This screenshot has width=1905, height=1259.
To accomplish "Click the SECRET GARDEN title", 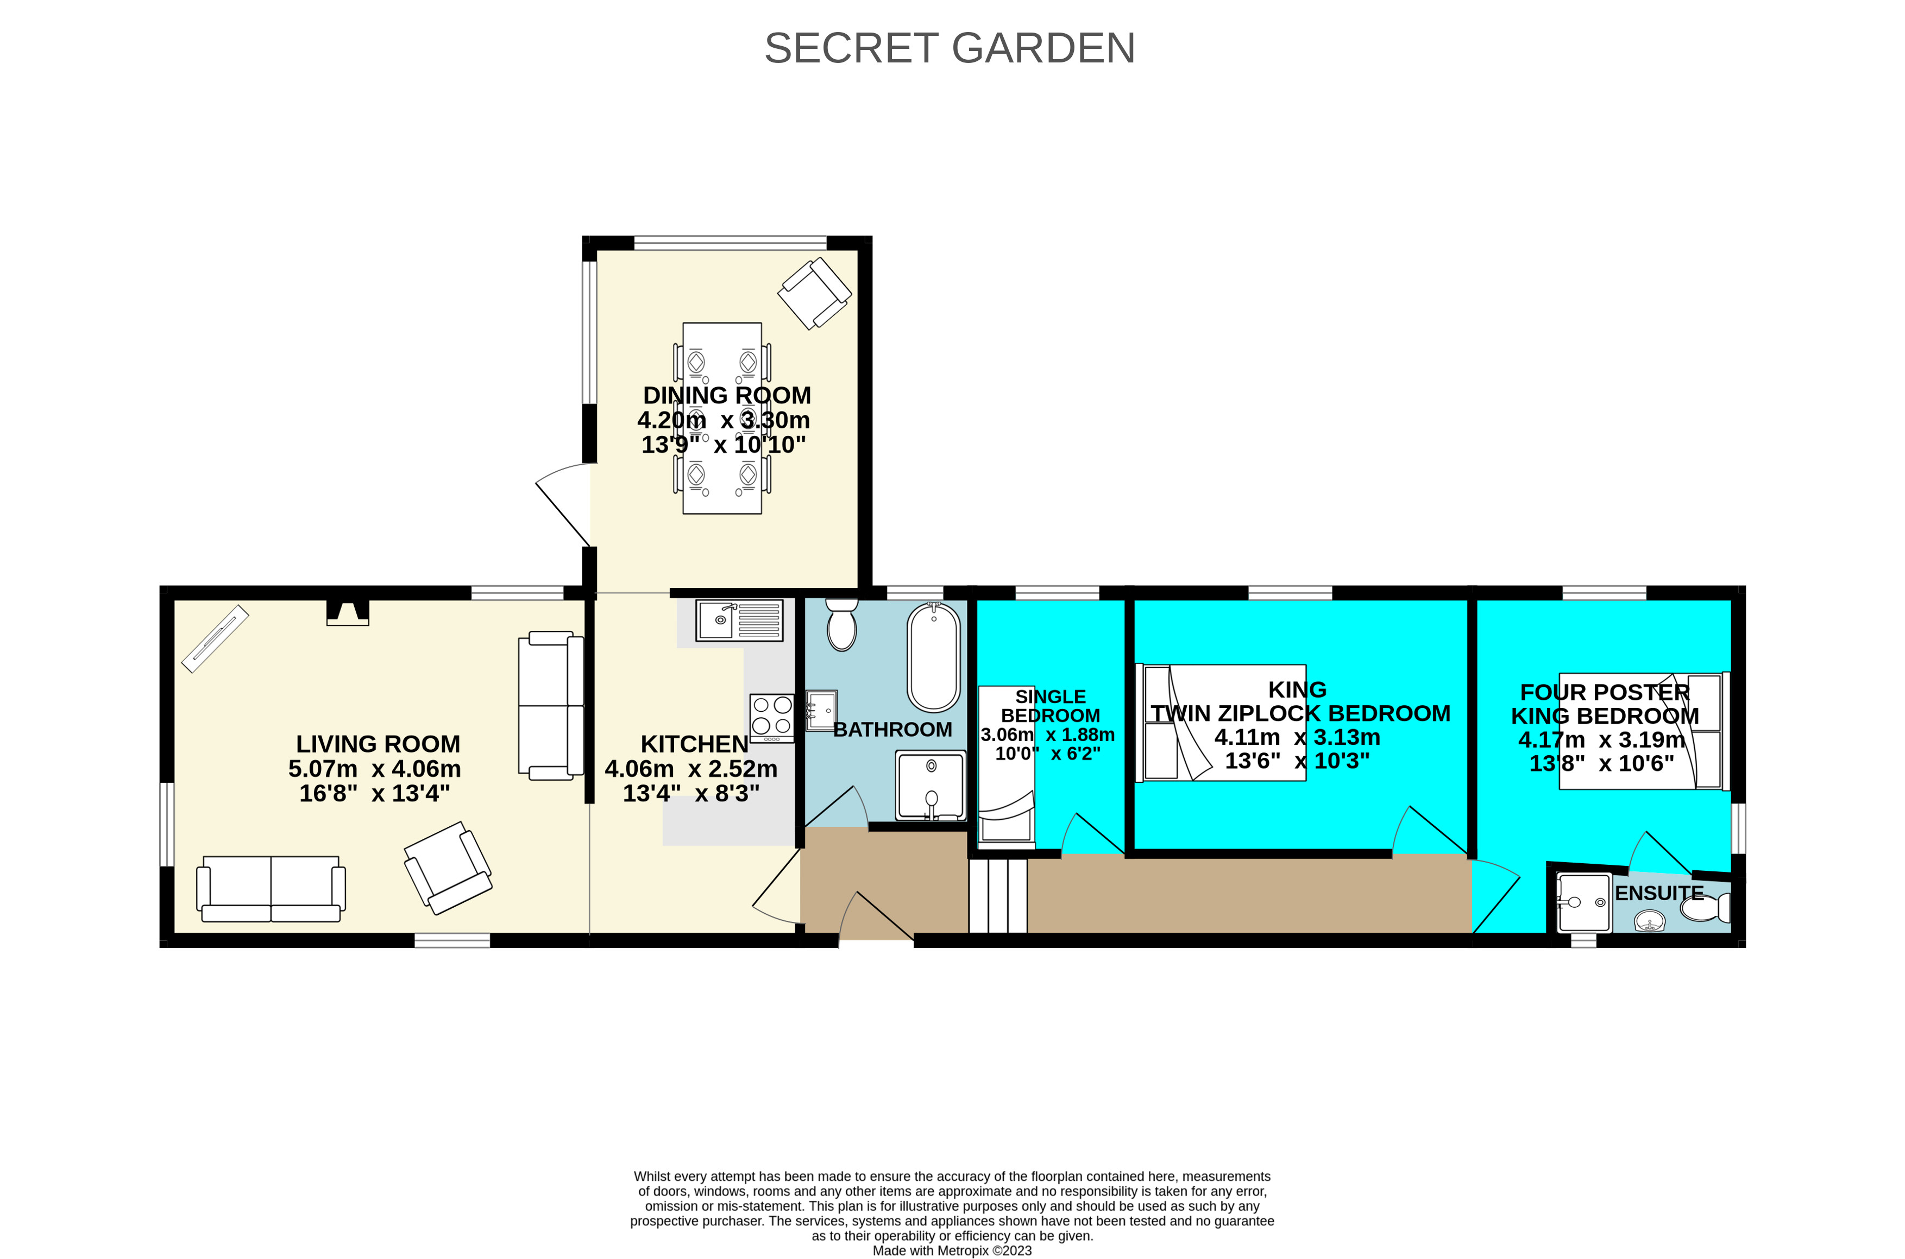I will coord(950,48).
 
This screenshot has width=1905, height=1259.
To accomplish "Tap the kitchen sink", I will coord(738,621).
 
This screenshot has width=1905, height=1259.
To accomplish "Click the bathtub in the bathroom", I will coord(933,657).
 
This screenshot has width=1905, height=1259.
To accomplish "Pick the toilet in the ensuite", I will coord(1704,908).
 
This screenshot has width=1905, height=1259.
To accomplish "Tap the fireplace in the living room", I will coord(348,612).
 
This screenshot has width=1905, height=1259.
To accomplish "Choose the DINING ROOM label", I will coord(727,396).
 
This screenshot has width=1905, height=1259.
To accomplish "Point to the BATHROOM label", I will coord(892,730).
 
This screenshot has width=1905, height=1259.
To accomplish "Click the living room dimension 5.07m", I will coord(323,769).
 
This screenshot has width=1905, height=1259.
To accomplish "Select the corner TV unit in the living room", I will coord(215,638).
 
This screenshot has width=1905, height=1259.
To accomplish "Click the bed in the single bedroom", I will coord(1007,767).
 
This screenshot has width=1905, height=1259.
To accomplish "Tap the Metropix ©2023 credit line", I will coord(952,1250).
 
